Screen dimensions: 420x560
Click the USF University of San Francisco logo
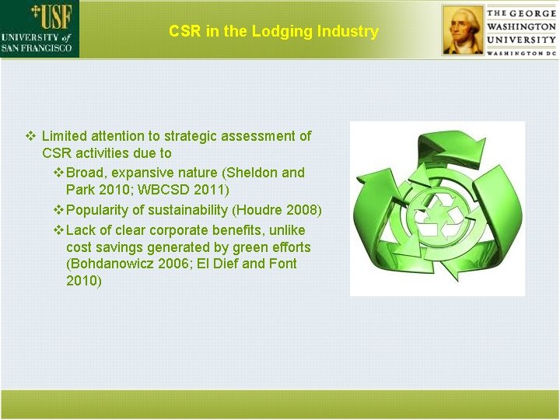[39, 29]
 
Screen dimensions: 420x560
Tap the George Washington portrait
[462, 30]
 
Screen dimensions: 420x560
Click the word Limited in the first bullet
[67, 136]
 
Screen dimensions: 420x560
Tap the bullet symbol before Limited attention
[30, 136]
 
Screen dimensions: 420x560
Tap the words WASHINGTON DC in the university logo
[522, 52]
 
